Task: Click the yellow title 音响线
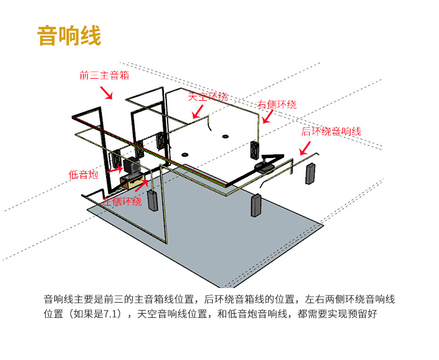pyautogui.click(x=69, y=35)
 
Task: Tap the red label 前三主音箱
pyautogui.click(x=104, y=76)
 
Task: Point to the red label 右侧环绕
pyautogui.click(x=277, y=104)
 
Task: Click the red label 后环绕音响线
pyautogui.click(x=331, y=131)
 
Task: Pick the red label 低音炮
pyautogui.click(x=84, y=175)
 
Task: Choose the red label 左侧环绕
pyautogui.click(x=122, y=201)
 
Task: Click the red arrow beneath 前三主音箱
pyautogui.click(x=107, y=92)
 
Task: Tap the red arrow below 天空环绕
pyautogui.click(x=196, y=111)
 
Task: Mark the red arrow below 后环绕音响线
pyautogui.click(x=304, y=148)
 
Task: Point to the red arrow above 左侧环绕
pyautogui.click(x=141, y=185)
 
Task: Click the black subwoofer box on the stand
pyautogui.click(x=132, y=165)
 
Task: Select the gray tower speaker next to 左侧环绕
pyautogui.click(x=152, y=201)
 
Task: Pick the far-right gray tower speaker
pyautogui.click(x=310, y=174)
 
